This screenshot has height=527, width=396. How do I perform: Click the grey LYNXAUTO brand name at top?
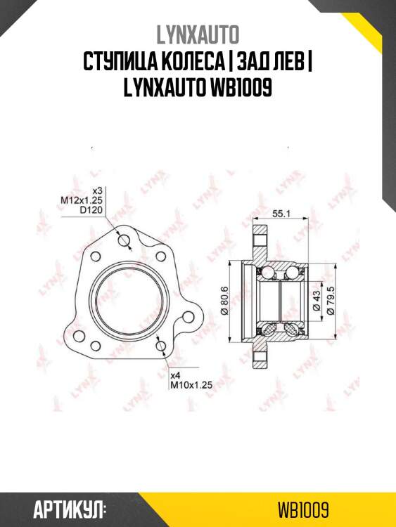[198, 35]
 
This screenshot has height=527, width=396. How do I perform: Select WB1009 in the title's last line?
[241, 88]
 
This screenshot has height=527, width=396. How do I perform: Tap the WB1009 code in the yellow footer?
[303, 510]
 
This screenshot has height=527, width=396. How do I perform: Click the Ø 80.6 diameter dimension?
[224, 300]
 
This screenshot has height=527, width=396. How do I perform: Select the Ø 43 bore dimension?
[316, 301]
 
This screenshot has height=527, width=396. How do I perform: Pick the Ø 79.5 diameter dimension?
[331, 301]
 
